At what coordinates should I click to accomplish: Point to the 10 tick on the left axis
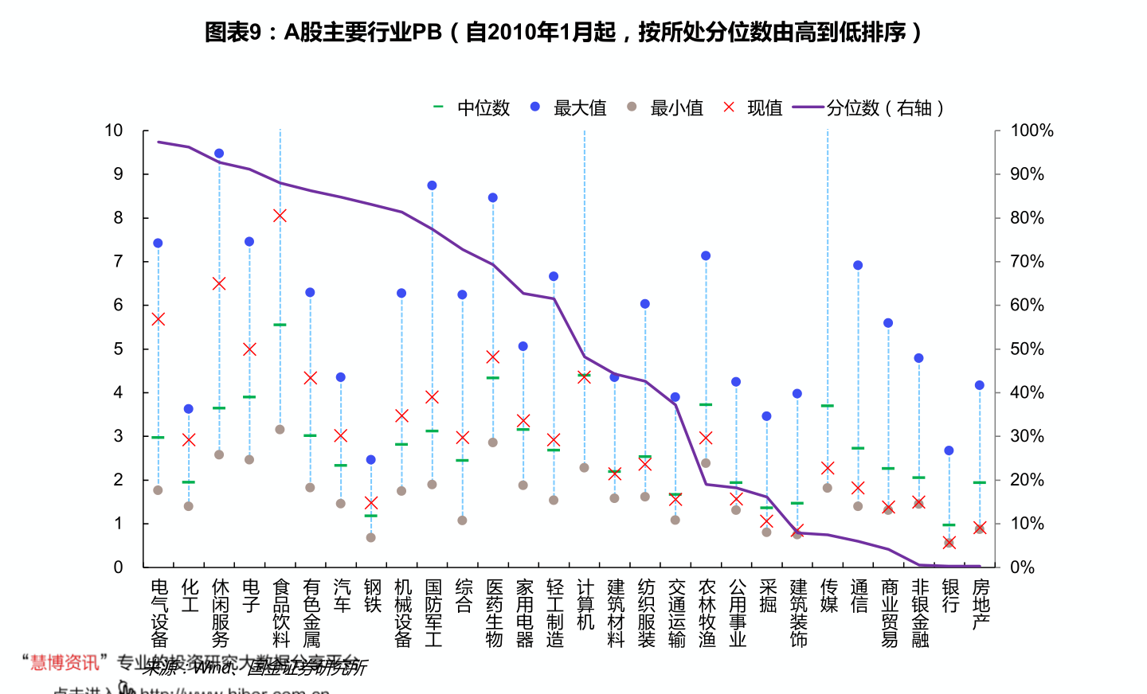(114, 131)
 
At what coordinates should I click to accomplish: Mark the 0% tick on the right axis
(1022, 567)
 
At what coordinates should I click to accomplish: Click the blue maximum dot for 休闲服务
(219, 154)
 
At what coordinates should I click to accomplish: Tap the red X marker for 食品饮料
(280, 216)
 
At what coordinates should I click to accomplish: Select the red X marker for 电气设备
(158, 319)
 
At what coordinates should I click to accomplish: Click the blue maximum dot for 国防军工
(432, 185)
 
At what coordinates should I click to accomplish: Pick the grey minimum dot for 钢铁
(371, 538)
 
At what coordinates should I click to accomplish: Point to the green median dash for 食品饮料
(280, 325)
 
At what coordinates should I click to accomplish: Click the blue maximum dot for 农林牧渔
(706, 255)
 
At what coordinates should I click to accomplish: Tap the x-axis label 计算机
(585, 605)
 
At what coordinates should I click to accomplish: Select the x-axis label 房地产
(981, 605)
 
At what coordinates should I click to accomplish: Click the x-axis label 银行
(950, 596)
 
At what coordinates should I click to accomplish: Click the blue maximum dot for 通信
(858, 265)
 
